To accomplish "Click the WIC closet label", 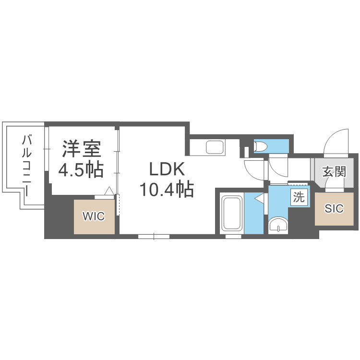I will point(93,216).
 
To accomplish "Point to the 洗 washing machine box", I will point(299,197).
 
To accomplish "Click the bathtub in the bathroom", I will point(232,213).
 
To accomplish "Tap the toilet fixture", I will point(261,146).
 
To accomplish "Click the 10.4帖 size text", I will point(167,190).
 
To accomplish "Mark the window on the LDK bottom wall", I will point(154,236).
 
